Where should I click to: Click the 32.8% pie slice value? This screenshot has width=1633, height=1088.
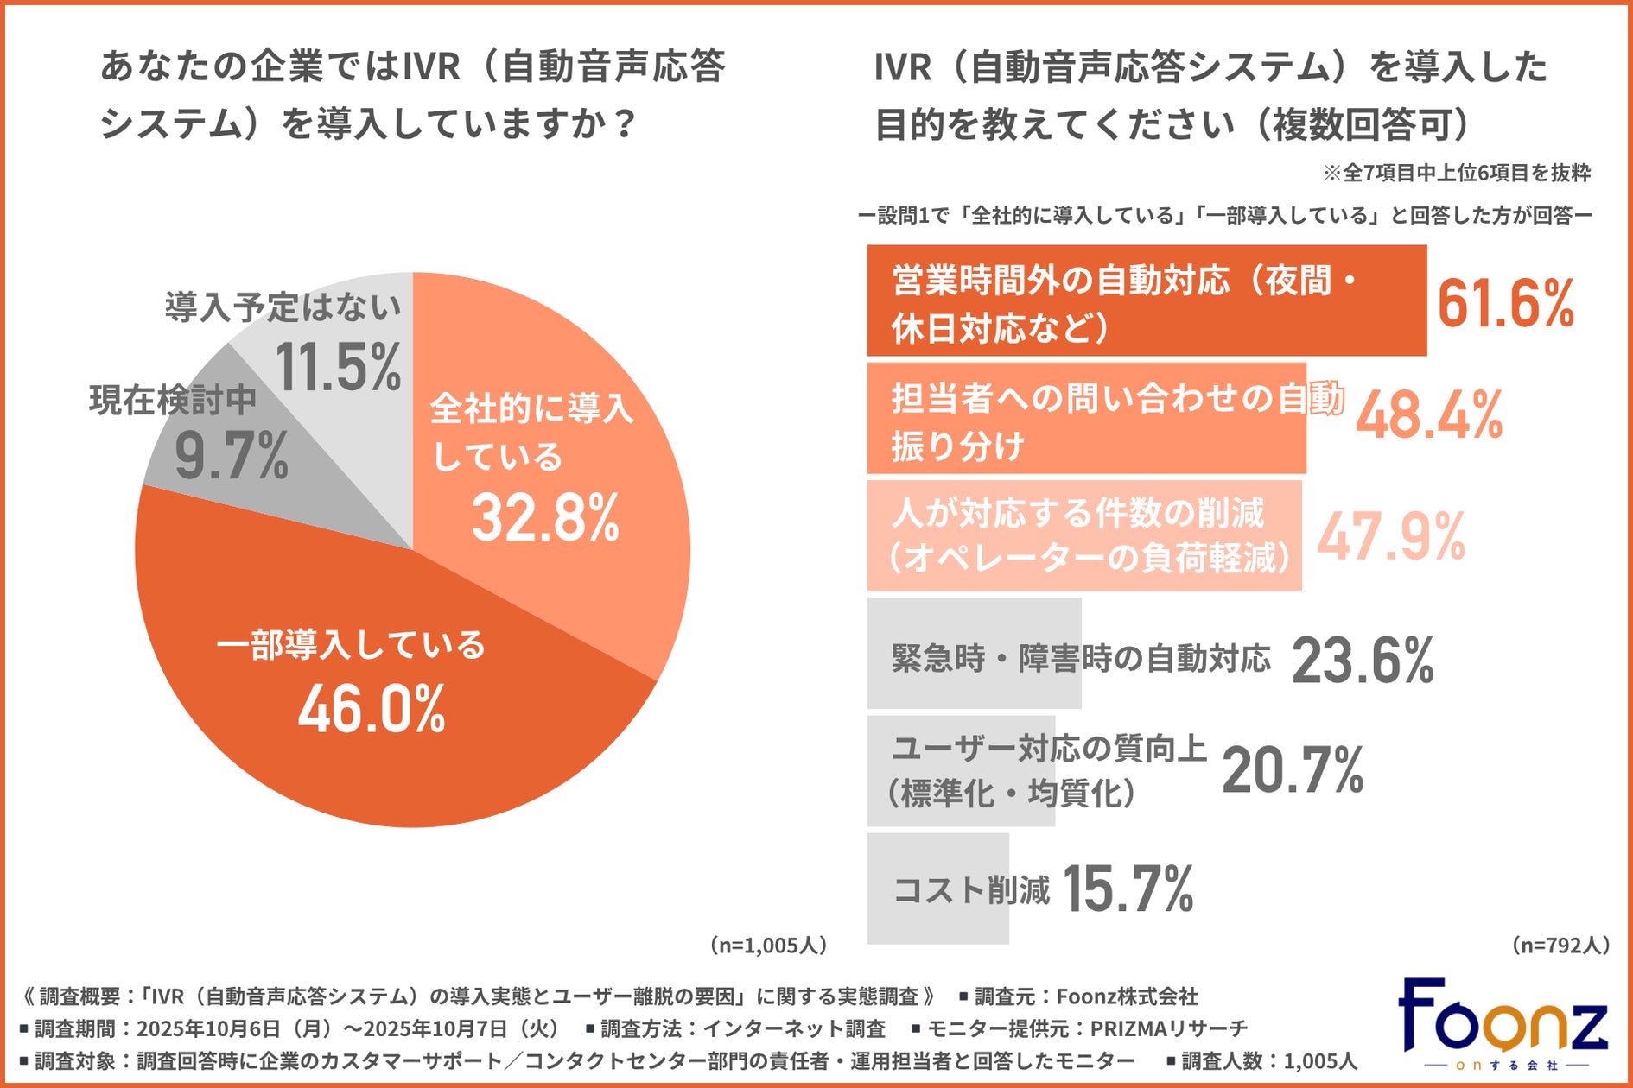tap(545, 518)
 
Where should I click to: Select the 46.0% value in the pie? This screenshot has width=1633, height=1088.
tap(372, 709)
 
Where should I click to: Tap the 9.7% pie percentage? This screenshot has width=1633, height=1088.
tap(231, 456)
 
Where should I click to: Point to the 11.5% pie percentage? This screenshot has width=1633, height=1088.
tap(339, 367)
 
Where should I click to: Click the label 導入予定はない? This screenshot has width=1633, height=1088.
tap(283, 307)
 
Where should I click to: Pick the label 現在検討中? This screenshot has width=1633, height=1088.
tap(173, 400)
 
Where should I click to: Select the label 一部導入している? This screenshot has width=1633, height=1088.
tap(351, 645)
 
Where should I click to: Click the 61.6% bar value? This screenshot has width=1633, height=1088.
tap(1505, 303)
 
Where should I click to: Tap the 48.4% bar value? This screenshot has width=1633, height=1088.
tap(1429, 415)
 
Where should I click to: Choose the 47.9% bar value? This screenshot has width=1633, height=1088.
tap(1391, 536)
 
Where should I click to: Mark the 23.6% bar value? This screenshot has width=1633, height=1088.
tap(1363, 661)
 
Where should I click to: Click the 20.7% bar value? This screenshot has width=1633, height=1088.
tap(1293, 770)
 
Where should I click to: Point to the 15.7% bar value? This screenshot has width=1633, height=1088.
tap(1128, 889)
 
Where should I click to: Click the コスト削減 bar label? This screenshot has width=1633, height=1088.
tap(971, 889)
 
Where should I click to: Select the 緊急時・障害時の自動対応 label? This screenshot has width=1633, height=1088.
tap(1081, 659)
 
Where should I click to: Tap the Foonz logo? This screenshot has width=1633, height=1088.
tap(1503, 1024)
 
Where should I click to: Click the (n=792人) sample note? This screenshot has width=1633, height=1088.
tap(1560, 946)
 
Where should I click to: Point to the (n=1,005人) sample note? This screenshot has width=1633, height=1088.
tap(768, 946)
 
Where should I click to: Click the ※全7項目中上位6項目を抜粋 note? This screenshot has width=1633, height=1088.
tap(1457, 174)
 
